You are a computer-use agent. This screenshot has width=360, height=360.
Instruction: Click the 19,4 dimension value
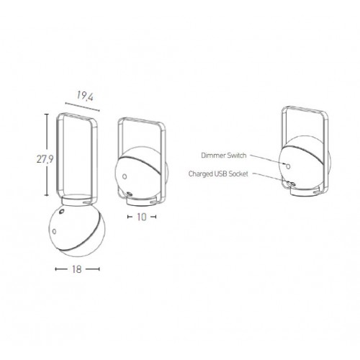(85, 96)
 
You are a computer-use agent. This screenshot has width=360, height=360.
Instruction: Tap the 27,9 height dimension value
(45, 159)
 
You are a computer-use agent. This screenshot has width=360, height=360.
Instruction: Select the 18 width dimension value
(77, 269)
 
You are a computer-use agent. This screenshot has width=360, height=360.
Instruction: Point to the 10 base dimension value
(142, 217)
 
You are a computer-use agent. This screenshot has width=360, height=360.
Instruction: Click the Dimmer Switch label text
(224, 156)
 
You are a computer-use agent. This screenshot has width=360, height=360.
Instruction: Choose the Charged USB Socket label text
(218, 174)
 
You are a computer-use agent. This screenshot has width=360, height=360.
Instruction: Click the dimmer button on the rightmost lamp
(288, 166)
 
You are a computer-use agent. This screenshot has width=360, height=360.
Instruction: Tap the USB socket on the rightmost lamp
(292, 184)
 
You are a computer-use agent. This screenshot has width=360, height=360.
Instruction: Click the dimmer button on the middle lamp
(125, 176)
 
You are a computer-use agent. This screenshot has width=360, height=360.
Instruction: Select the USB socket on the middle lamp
(130, 194)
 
